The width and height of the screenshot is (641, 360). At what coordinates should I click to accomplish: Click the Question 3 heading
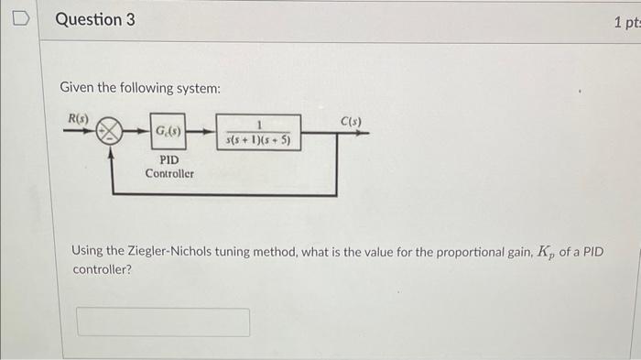94,18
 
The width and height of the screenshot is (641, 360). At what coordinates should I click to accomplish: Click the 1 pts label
626,20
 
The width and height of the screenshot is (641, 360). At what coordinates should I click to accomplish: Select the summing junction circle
111,131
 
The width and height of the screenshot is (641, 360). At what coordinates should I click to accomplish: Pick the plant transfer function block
258,131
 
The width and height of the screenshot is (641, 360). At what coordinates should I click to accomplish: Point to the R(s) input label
78,116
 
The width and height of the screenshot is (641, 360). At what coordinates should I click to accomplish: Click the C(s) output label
352,120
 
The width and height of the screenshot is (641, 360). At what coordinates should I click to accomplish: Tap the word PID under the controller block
168,159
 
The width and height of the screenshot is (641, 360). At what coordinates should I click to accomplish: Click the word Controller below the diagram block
169,172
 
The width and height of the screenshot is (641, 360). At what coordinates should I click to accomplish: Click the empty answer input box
163,322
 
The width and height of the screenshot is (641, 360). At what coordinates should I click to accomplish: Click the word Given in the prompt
77,88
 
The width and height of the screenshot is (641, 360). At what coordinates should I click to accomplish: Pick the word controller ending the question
102,271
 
